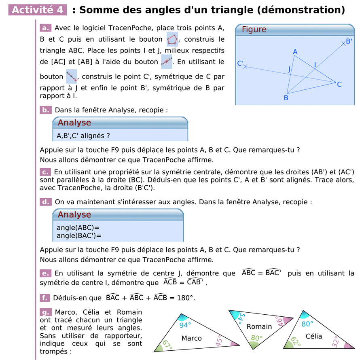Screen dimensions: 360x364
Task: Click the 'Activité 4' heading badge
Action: pos(38,10)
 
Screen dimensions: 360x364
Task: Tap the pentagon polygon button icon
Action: pos(172,39)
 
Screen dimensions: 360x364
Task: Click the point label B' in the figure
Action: pos(348,41)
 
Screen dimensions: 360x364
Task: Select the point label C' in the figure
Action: pos(240,64)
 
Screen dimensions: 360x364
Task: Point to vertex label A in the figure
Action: pos(295,52)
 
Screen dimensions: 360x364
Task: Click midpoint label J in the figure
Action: pos(289,70)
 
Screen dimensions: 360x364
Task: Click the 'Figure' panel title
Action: pos(254,30)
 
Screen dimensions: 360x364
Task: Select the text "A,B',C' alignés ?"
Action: pos(83,136)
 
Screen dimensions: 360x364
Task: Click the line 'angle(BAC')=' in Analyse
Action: pos(79,236)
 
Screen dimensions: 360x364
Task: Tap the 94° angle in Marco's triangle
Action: pos(185,325)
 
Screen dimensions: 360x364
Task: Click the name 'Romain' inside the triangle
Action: pos(259,326)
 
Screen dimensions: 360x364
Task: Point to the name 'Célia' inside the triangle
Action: pos(314,336)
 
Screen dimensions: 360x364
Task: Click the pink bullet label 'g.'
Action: pos(45,312)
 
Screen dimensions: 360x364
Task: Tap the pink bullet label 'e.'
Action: pos(45,273)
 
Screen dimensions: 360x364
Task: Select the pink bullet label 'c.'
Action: pos(45,172)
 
